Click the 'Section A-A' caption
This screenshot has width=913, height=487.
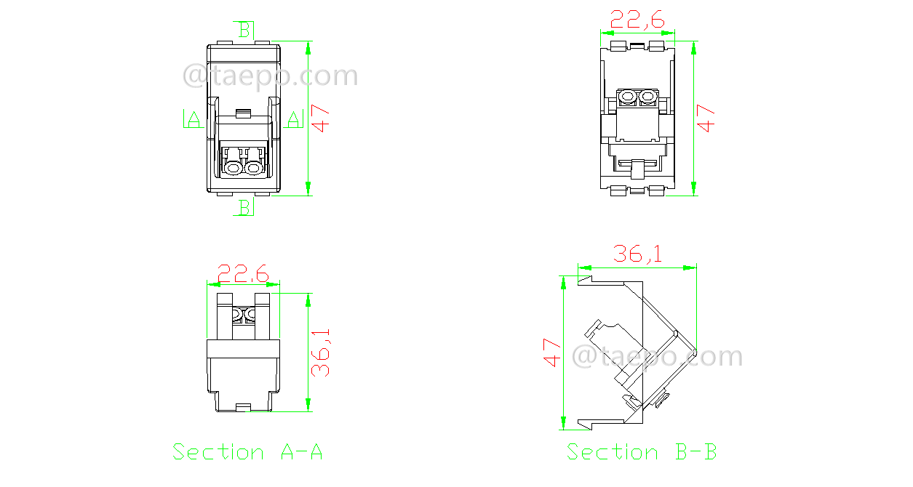[x=247, y=452]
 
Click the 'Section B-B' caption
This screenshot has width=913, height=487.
[x=642, y=452]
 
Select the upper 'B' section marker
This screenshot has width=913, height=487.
[x=244, y=30]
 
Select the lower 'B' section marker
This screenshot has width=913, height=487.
[x=244, y=208]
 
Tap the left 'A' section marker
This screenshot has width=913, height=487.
[x=193, y=119]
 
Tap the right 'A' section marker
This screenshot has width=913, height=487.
[x=293, y=119]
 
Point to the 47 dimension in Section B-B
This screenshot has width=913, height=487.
[x=552, y=352]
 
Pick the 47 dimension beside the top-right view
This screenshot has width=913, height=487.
[x=706, y=118]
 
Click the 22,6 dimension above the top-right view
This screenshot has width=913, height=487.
[x=637, y=20]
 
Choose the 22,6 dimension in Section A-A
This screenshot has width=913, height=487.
[x=243, y=274]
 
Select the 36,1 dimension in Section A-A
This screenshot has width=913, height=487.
[x=321, y=352]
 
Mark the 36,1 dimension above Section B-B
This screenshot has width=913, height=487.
[x=637, y=254]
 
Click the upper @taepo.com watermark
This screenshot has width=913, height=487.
[x=270, y=76]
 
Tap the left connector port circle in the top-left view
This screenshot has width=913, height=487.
[x=234, y=169]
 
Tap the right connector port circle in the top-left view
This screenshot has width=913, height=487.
[x=253, y=169]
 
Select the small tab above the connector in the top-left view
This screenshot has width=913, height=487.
[x=243, y=113]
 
